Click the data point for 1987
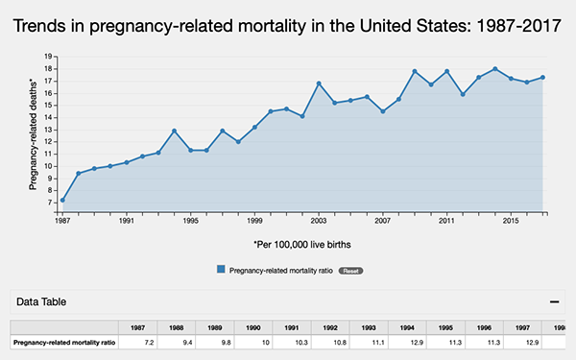[x=62, y=200]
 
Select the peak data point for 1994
[x=174, y=131]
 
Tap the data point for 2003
[x=319, y=84]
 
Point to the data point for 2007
[x=383, y=111]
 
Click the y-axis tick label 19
[x=49, y=57]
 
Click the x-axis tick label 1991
[x=127, y=222]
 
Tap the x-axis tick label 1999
[x=254, y=222]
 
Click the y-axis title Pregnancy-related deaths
[x=33, y=134]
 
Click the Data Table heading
[x=41, y=301]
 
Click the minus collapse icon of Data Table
[x=554, y=301]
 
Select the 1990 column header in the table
[x=252, y=327]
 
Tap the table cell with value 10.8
[x=330, y=342]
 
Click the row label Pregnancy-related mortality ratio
[x=64, y=342]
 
